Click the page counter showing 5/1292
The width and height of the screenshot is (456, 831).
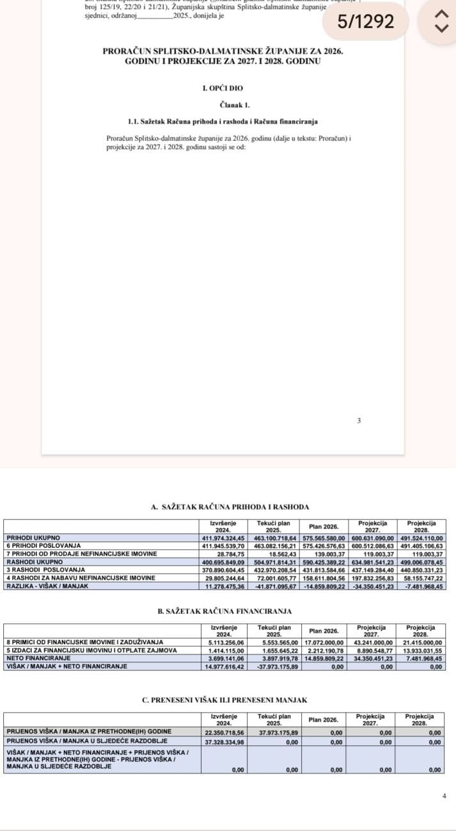click(366, 22)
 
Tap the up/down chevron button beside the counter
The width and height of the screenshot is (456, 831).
click(439, 21)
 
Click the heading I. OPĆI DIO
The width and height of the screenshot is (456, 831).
click(222, 88)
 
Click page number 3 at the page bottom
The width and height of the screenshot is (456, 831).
click(359, 420)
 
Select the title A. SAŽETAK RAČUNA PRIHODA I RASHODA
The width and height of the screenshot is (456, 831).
click(230, 507)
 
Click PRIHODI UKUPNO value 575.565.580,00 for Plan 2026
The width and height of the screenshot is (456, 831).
click(324, 538)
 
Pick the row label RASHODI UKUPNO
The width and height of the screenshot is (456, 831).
click(29, 561)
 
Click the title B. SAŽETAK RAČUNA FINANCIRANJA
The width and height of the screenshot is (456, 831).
click(224, 612)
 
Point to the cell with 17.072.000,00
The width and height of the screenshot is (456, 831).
click(324, 642)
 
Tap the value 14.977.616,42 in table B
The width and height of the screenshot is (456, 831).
click(224, 666)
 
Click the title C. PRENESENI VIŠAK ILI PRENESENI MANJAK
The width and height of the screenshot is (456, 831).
click(224, 701)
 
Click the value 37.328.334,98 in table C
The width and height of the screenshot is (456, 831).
click(224, 742)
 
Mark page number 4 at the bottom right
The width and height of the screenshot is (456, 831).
click(444, 796)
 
